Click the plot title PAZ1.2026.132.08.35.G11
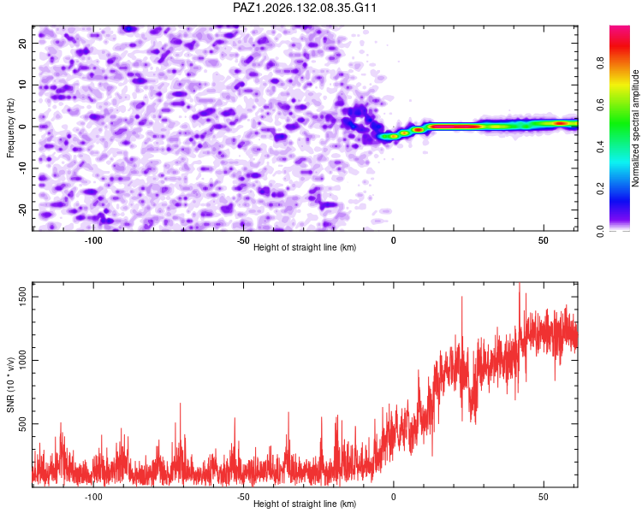click(x=304, y=8)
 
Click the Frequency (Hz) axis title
click(x=10, y=128)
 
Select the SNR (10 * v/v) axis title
click(x=10, y=385)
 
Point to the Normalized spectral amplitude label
click(x=635, y=128)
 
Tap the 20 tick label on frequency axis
click(x=22, y=43)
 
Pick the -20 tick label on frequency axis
click(x=22, y=209)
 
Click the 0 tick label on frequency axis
click(x=22, y=127)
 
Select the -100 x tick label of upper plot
click(x=93, y=240)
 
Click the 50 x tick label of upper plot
click(x=544, y=240)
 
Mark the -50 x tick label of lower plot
click(x=243, y=497)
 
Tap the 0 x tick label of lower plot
click(x=394, y=497)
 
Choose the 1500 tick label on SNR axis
click(x=22, y=297)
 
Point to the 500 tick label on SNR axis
click(x=22, y=424)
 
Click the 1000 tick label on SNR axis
click(x=22, y=360)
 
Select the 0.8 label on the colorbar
click(x=600, y=63)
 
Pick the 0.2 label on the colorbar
click(x=600, y=189)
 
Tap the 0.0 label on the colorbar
click(x=600, y=232)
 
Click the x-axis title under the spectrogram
click(x=305, y=247)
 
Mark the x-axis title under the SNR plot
click(x=305, y=504)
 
